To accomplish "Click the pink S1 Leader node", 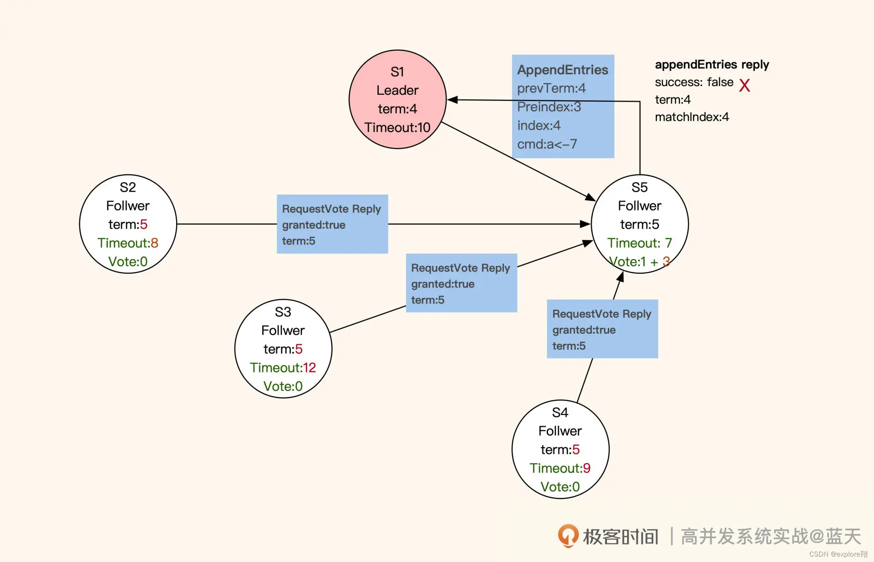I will (397, 99).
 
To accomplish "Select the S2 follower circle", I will (128, 224).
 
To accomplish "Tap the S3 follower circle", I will (283, 348).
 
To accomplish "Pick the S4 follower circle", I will (560, 449).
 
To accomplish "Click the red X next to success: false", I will (744, 85).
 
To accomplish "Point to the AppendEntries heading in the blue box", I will (563, 70).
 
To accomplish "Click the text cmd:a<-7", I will (547, 144).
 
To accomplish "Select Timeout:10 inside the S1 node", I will (397, 128).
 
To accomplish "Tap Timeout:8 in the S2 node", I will (128, 243).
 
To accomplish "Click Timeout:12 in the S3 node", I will (283, 368).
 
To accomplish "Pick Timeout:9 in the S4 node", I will (560, 468).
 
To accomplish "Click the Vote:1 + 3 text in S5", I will (640, 262).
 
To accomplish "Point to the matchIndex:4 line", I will (692, 117).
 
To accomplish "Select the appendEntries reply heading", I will (712, 65).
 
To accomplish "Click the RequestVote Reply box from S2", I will (332, 224).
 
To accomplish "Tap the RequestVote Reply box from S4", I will (602, 329).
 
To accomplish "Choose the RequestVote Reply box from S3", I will (461, 283).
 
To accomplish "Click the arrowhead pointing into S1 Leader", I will (452, 99).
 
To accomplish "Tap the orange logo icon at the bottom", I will (568, 536).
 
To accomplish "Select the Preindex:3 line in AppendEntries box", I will (549, 107).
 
